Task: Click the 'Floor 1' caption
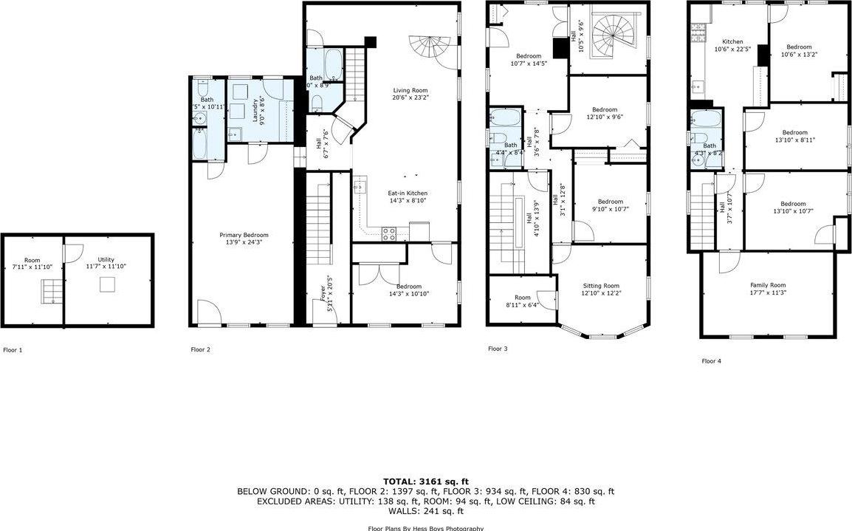coord(13,350)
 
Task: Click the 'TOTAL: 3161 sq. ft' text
coord(425,481)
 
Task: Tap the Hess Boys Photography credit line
coord(425,528)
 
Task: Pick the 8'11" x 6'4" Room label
coord(522,302)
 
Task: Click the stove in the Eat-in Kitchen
coord(390,233)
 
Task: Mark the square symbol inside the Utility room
coord(108,284)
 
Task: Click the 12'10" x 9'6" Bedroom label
coord(604,113)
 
